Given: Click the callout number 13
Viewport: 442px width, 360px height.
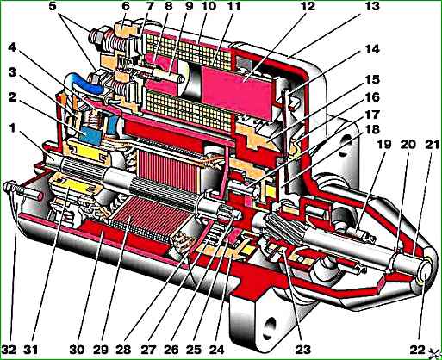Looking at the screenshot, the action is point(371,6).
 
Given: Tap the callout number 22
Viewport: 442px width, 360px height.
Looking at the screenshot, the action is point(417,350).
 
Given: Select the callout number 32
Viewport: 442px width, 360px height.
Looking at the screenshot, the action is point(9,350).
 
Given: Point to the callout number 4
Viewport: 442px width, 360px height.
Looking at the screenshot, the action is point(11,47).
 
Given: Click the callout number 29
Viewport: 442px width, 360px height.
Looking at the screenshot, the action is point(101,350).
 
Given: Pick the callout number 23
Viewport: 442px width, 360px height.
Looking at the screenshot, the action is point(303,350).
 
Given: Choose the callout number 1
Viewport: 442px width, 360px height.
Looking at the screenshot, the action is point(12,128).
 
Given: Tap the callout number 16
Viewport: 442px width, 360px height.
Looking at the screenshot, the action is point(372,97).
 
